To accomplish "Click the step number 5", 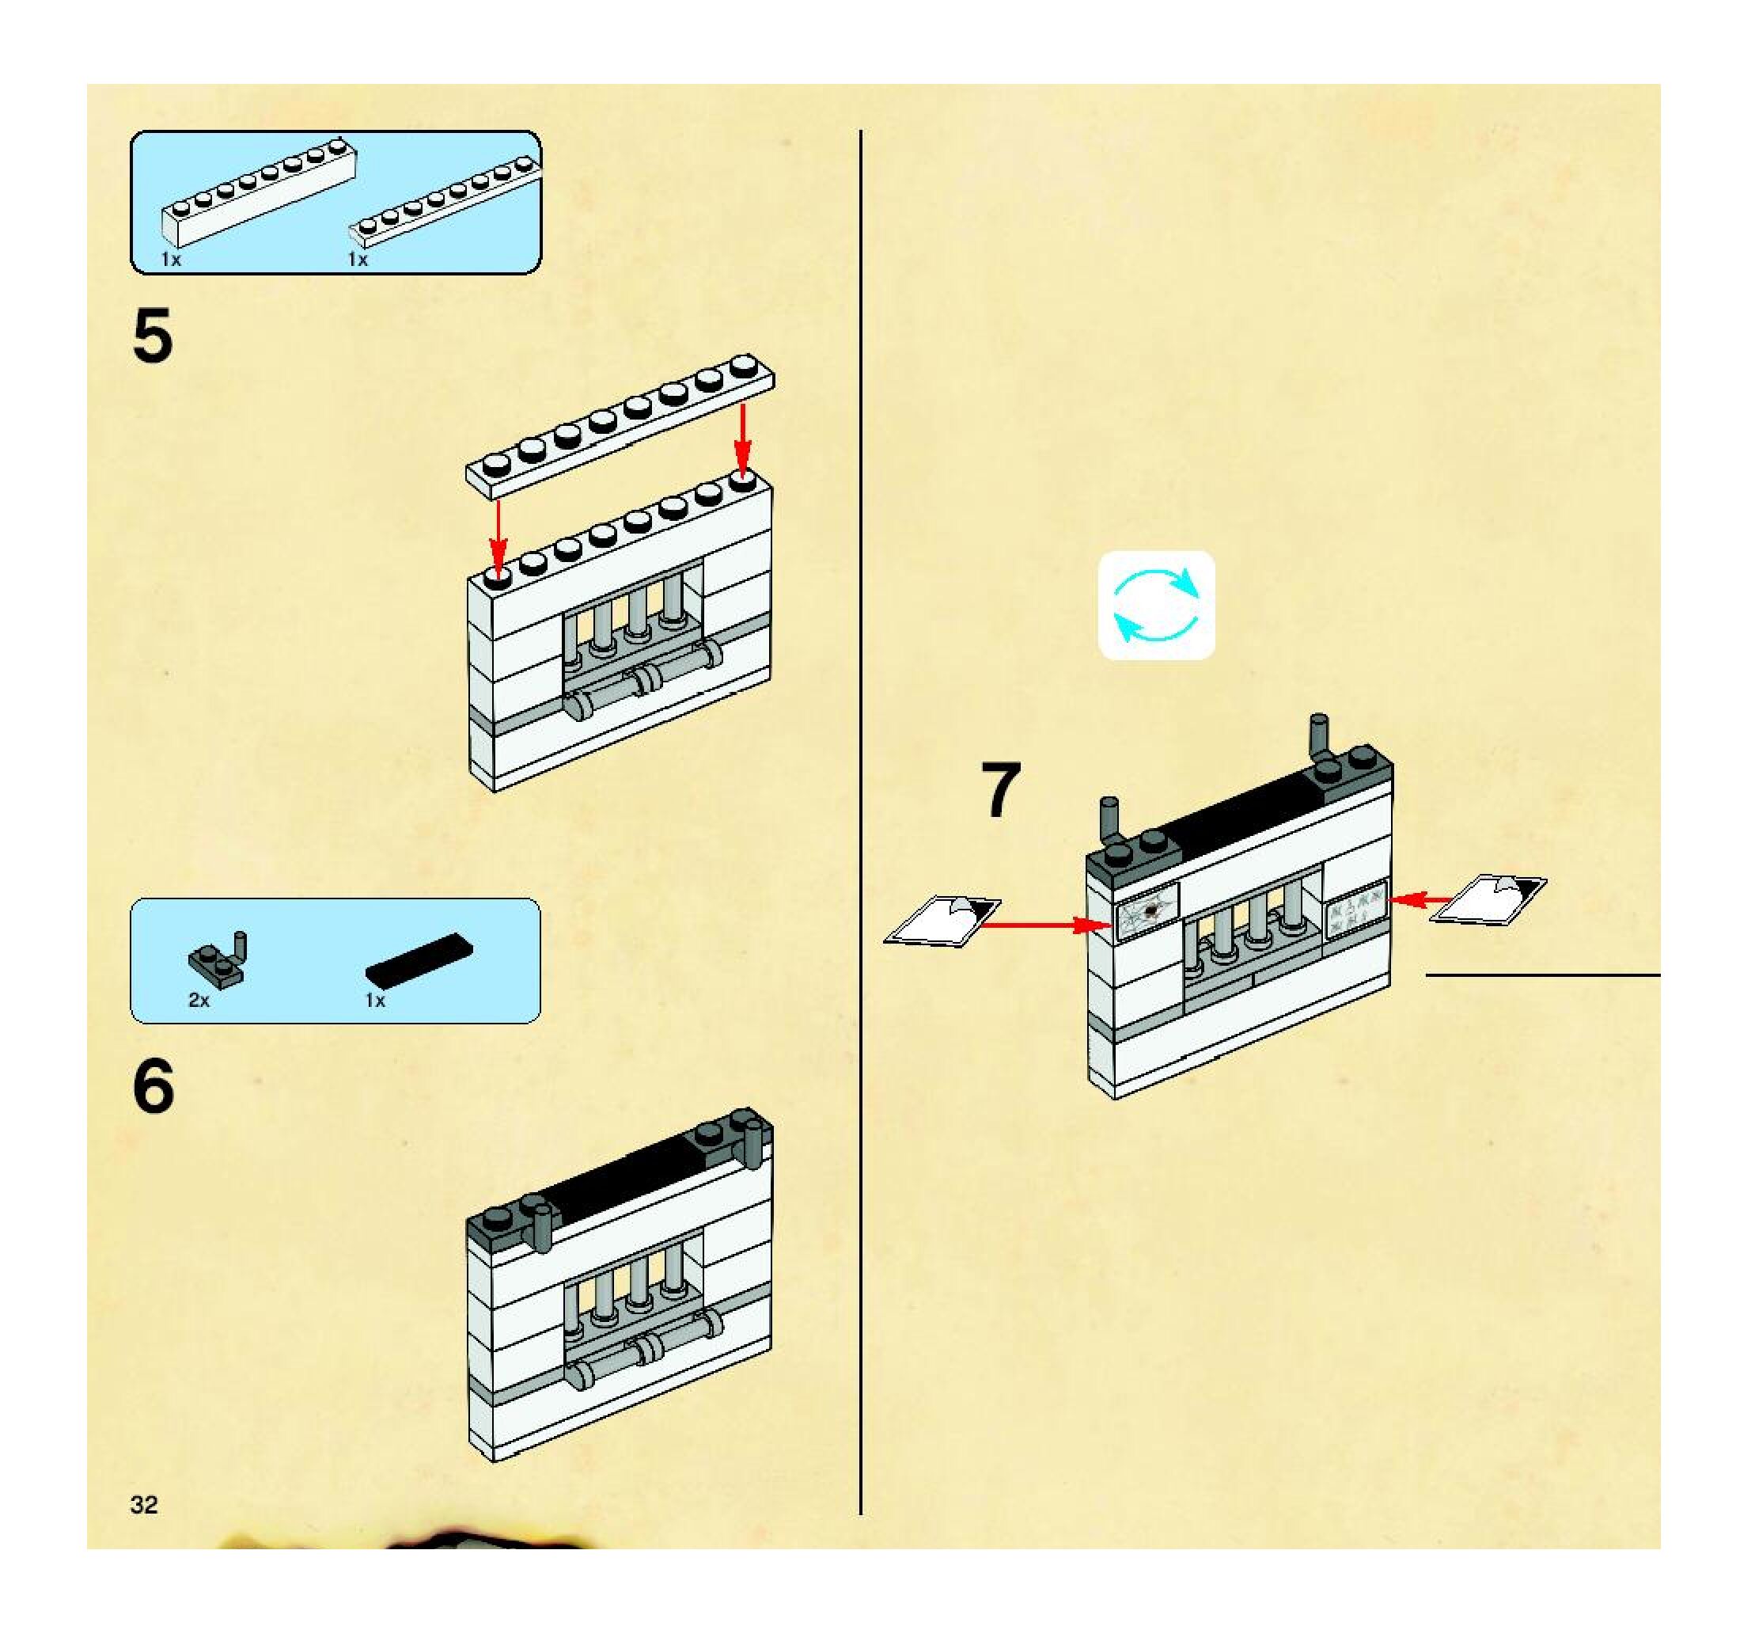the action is [152, 336].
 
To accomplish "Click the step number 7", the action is [1000, 790].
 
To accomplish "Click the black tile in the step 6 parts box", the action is [419, 959].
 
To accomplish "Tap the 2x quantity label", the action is [199, 1001].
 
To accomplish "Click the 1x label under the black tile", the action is [375, 1001].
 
